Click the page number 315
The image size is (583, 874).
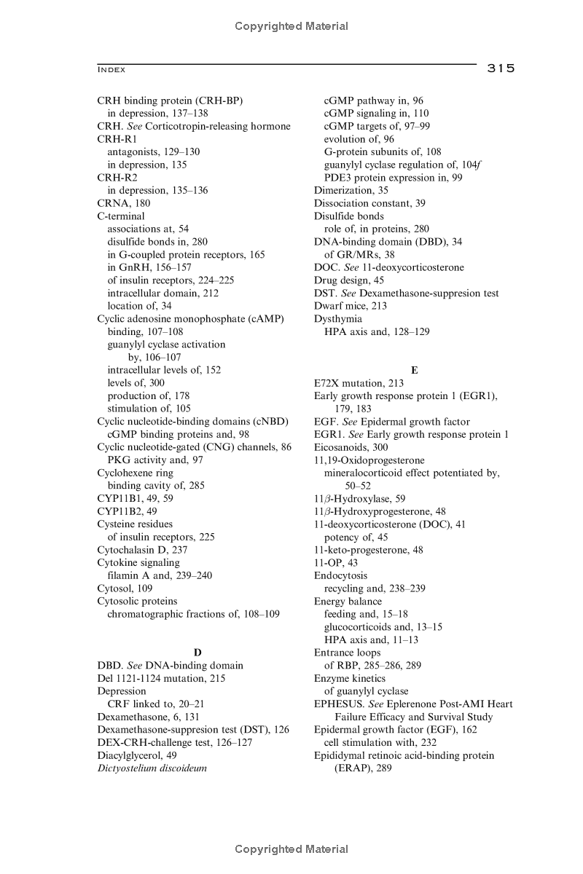(501, 68)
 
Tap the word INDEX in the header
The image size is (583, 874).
(111, 70)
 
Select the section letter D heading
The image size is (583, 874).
(197, 652)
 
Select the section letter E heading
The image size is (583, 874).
(414, 370)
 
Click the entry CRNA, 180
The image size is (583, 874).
(124, 203)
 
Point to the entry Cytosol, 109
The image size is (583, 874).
(125, 588)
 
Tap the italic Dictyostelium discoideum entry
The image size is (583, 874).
(152, 768)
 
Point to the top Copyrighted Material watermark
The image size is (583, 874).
(291, 27)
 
